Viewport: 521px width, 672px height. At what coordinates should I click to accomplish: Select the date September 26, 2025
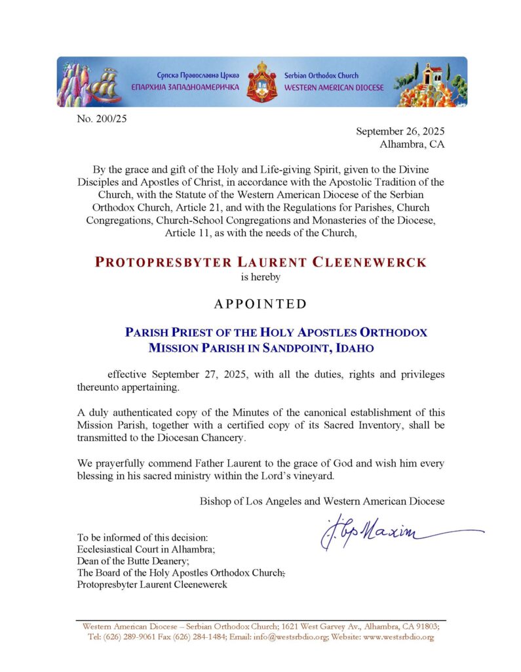pos(400,131)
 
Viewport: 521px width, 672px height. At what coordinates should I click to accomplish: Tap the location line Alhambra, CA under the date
pos(412,144)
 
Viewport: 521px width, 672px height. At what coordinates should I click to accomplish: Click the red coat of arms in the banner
pos(261,82)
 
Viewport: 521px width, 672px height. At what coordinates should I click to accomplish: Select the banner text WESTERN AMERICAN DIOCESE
pos(334,87)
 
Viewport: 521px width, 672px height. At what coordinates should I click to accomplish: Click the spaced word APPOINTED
pos(261,304)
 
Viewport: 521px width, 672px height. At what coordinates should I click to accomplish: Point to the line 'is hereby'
pos(261,277)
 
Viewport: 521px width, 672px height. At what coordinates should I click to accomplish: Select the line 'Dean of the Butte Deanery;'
pos(133,561)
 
